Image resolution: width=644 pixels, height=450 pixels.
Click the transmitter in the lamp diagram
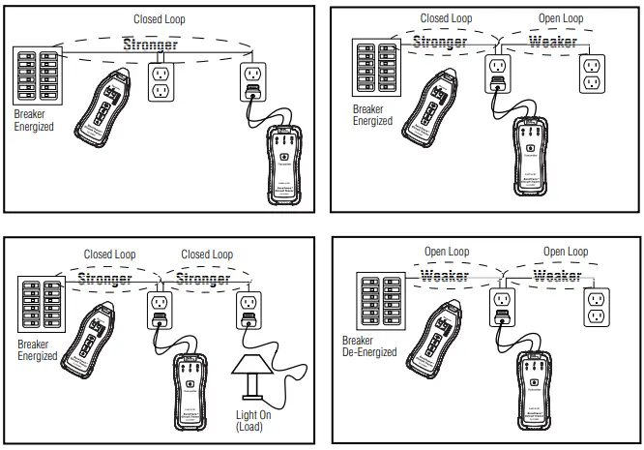pos(190,382)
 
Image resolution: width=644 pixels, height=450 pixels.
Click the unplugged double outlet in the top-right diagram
pos(592,73)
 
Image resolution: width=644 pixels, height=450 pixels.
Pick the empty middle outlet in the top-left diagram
pos(162,82)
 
